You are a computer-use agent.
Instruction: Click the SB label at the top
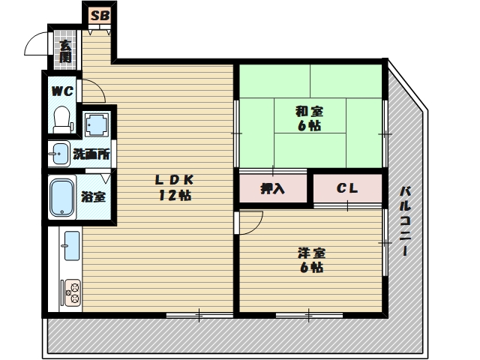click(x=100, y=15)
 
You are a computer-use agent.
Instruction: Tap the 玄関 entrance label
click(x=65, y=51)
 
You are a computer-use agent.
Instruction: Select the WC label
click(x=62, y=91)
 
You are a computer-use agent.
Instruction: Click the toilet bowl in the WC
click(x=62, y=120)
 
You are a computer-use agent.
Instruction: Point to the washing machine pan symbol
click(x=97, y=124)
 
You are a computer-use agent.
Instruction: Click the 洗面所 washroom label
click(x=91, y=154)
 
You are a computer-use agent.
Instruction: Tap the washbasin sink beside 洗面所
click(x=59, y=154)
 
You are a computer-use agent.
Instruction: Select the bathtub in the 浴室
click(x=62, y=197)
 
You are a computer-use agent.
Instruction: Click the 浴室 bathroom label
click(x=93, y=196)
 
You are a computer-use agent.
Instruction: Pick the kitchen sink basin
click(x=72, y=246)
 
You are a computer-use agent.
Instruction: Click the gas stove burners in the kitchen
click(x=73, y=292)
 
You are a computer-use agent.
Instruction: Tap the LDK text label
click(x=175, y=180)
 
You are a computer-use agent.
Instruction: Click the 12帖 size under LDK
click(x=175, y=195)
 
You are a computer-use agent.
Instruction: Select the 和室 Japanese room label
click(x=309, y=112)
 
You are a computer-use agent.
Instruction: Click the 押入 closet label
click(x=272, y=188)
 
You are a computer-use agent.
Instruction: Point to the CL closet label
click(x=347, y=188)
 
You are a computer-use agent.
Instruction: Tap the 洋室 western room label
click(x=312, y=253)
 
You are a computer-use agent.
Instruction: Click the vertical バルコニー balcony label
click(x=405, y=220)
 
